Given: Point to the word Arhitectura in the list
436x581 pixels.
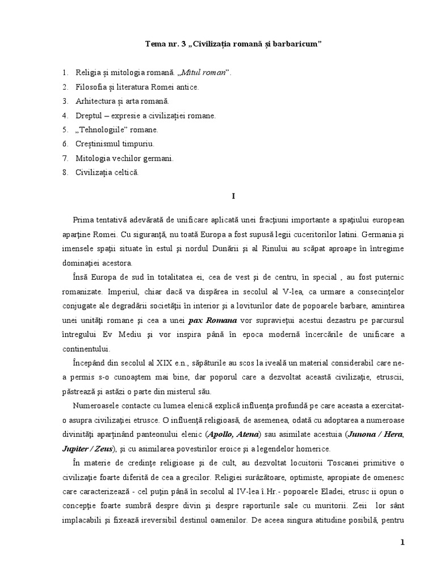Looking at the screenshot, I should click(x=95, y=102).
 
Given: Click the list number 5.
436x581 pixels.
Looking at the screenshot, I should click(x=65, y=130).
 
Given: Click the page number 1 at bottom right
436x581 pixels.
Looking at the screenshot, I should click(x=402, y=542).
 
